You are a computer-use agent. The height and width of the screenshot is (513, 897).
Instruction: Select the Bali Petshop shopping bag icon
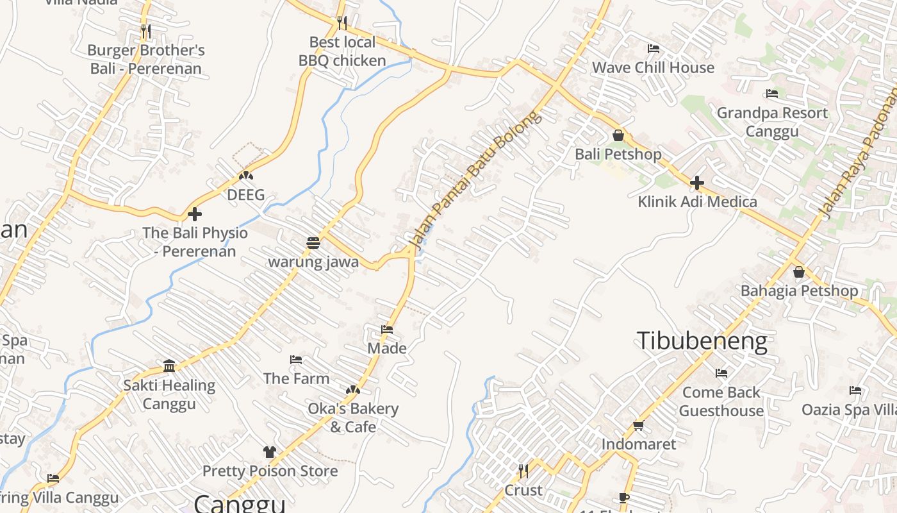pyautogui.click(x=618, y=135)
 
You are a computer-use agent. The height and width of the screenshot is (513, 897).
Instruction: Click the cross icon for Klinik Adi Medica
pyautogui.click(x=697, y=183)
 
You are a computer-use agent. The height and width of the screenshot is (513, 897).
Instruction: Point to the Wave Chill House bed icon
pyautogui.click(x=654, y=49)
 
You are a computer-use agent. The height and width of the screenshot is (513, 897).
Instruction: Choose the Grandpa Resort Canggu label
pyautogui.click(x=772, y=122)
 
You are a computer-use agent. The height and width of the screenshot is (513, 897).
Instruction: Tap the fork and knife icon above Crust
pyautogui.click(x=523, y=471)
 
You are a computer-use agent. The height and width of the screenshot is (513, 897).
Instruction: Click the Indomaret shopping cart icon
pyautogui.click(x=638, y=425)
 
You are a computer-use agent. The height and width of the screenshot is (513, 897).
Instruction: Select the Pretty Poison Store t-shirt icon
pyautogui.click(x=270, y=452)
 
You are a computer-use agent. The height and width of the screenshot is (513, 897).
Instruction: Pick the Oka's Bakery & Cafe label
pyautogui.click(x=353, y=417)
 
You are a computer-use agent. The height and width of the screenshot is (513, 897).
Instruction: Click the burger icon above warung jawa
pyautogui.click(x=313, y=243)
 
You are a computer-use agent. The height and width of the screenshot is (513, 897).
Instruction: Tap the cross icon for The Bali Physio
pyautogui.click(x=195, y=214)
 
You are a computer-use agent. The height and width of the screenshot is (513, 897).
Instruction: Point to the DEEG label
pyautogui.click(x=246, y=195)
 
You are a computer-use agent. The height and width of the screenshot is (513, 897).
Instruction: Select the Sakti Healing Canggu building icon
pyautogui.click(x=169, y=366)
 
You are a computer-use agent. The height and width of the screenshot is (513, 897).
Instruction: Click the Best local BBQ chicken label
pyautogui.click(x=342, y=51)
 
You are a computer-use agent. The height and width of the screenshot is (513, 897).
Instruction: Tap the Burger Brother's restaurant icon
pyautogui.click(x=146, y=30)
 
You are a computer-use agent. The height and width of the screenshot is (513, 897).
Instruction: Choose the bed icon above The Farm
pyautogui.click(x=296, y=360)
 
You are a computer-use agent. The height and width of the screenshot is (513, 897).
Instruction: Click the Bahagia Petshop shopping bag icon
pyautogui.click(x=799, y=272)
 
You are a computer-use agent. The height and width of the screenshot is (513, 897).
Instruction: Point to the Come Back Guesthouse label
pyautogui.click(x=721, y=401)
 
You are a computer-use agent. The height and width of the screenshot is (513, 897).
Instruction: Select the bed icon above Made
pyautogui.click(x=387, y=330)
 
